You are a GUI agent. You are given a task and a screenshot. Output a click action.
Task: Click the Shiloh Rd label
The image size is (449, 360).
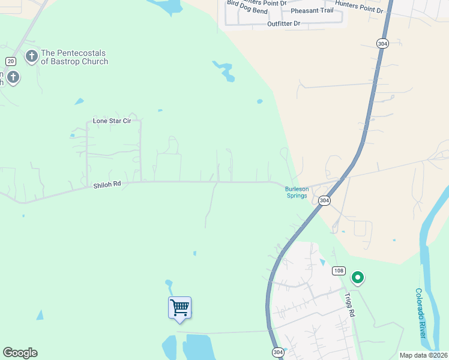(107, 186)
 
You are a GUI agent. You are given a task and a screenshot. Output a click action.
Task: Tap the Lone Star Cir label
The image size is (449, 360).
(112, 121)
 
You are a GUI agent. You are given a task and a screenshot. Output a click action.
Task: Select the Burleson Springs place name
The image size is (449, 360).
(297, 192)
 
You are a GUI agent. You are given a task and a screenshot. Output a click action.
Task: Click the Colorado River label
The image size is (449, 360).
(421, 312)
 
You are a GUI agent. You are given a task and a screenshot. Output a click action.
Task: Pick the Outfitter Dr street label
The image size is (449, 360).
(283, 24)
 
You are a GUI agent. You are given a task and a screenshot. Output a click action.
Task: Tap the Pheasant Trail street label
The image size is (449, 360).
(311, 11)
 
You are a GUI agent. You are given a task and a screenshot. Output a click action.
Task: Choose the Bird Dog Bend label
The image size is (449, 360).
(247, 11)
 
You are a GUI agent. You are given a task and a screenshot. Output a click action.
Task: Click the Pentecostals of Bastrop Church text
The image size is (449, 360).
(74, 57)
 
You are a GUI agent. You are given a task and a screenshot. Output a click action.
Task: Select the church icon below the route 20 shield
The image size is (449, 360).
(13, 77)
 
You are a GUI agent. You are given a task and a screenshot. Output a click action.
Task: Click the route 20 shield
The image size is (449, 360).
(11, 61)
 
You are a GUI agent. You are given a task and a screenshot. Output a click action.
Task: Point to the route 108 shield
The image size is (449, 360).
(339, 271)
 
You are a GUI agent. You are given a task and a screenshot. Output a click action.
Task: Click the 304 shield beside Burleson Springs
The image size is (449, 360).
(324, 200)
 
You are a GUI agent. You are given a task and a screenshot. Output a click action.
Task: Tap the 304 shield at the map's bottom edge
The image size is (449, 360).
(277, 352)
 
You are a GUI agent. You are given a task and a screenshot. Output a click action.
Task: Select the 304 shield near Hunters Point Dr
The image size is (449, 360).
(383, 43)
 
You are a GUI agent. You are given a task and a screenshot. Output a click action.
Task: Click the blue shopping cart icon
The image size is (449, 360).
(179, 308)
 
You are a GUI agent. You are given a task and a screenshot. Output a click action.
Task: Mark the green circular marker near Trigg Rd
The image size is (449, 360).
(358, 277)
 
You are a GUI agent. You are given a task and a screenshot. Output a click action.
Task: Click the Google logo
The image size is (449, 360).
(20, 353)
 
